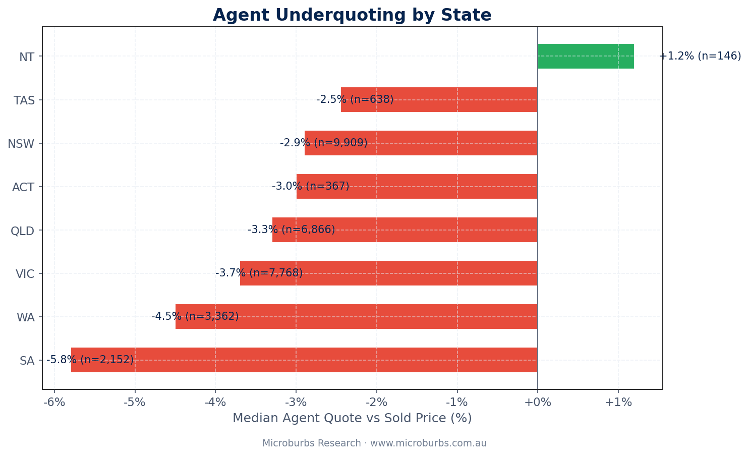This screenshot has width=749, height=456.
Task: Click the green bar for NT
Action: (585, 56)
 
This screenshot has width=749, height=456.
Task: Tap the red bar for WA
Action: (356, 316)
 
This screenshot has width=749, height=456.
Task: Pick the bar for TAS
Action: (439, 99)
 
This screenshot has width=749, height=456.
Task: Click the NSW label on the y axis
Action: (21, 144)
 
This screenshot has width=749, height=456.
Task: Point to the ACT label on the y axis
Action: (23, 188)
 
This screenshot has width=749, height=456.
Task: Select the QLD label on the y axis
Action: (23, 231)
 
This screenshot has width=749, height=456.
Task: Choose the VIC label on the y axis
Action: (25, 274)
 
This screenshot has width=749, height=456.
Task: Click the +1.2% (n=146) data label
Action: (700, 56)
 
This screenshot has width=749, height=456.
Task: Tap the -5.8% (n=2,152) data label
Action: (90, 360)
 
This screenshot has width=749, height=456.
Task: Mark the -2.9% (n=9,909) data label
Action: (324, 143)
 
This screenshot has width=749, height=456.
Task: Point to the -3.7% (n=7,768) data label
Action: (259, 273)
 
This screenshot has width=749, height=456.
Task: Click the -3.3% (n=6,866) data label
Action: (292, 230)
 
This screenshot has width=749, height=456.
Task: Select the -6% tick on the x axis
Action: (54, 403)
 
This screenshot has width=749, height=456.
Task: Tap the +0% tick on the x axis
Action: (538, 403)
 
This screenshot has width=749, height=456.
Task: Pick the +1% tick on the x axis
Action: (618, 403)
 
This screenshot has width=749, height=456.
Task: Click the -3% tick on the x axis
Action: (296, 403)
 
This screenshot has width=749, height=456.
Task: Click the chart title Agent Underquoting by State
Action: (352, 15)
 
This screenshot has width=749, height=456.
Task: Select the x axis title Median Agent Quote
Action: (352, 418)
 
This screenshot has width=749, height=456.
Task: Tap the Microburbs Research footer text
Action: (374, 443)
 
